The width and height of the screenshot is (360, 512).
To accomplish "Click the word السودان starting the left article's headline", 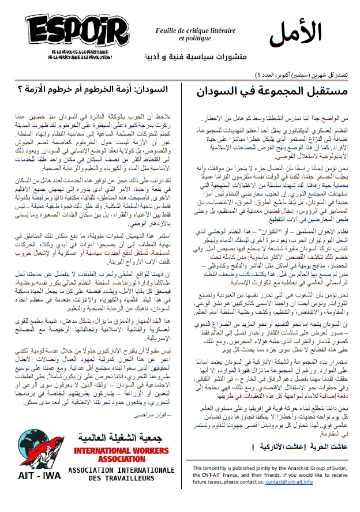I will tap(153, 89).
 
